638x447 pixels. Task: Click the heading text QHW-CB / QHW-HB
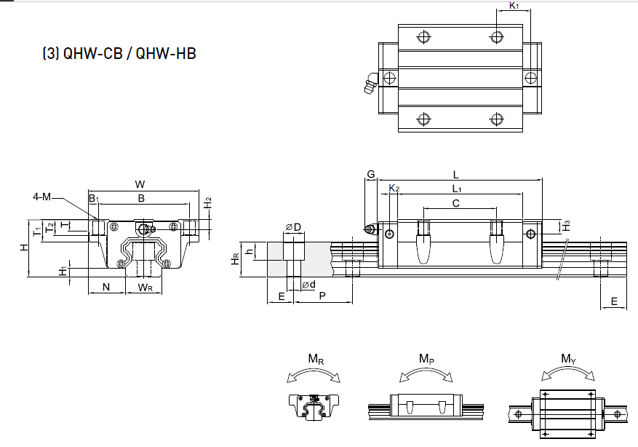tap(120, 54)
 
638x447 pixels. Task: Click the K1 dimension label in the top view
tap(514, 6)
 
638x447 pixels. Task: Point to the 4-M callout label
tap(42, 197)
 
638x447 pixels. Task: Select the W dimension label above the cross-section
tap(140, 183)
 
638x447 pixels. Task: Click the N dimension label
tap(106, 287)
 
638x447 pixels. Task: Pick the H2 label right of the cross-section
tap(207, 204)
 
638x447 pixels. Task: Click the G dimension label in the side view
tap(370, 175)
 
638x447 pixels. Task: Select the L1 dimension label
tap(457, 189)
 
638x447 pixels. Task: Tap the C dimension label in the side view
tap(456, 203)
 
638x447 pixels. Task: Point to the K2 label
tap(394, 189)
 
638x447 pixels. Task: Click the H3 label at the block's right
tap(567, 226)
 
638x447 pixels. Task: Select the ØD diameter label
tap(293, 227)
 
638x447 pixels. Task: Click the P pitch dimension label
tap(322, 296)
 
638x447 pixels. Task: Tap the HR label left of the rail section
tap(235, 259)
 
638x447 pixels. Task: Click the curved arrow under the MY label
tap(568, 373)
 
